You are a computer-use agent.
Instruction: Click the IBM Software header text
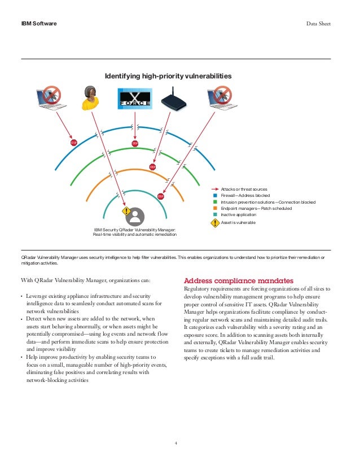pyautogui.click(x=39, y=24)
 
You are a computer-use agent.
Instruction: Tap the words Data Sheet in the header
pyautogui.click(x=318, y=24)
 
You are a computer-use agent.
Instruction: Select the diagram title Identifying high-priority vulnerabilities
pyautogui.click(x=169, y=76)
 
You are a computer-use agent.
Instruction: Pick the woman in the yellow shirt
pyautogui.click(x=90, y=98)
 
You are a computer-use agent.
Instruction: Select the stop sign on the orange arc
pyautogui.click(x=161, y=196)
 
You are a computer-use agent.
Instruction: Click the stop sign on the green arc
pyautogui.click(x=152, y=166)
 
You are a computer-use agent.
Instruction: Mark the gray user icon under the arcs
pyautogui.click(x=135, y=217)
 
